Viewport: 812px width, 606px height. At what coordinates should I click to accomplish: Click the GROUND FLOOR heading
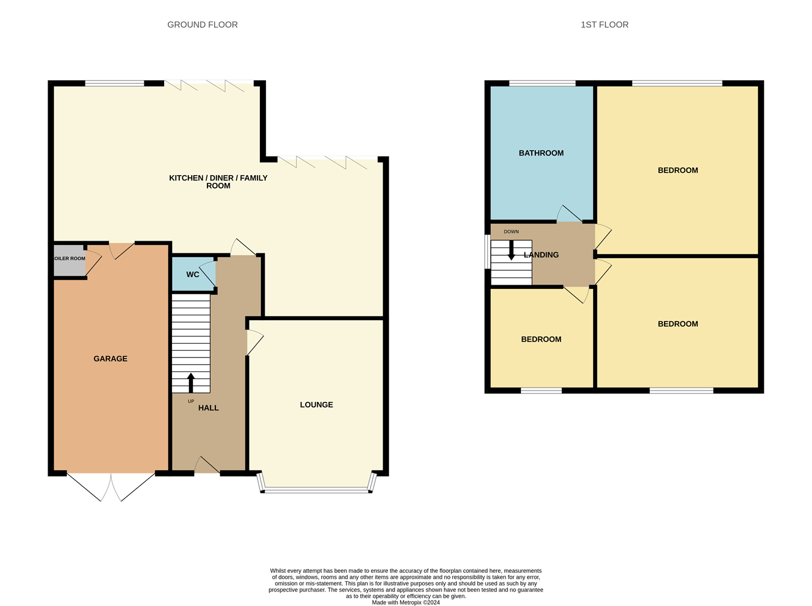point(202,25)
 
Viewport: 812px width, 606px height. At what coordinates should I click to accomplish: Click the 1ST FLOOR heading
point(604,25)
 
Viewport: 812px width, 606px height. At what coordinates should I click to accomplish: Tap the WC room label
point(192,274)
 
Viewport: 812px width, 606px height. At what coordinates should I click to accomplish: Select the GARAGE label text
point(110,359)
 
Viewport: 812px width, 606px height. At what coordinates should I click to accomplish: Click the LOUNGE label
point(316,404)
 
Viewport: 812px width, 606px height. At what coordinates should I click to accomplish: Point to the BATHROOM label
point(541,153)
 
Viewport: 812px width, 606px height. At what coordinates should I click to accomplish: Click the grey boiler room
point(69,260)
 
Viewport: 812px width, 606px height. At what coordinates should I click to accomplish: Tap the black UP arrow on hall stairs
point(191,383)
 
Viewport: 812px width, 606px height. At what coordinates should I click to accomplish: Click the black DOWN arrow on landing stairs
point(511,250)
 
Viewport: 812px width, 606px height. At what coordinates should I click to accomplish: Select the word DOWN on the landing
point(511,232)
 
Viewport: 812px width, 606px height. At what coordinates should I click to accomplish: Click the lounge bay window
point(317,490)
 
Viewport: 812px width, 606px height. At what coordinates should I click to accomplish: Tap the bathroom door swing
point(568,214)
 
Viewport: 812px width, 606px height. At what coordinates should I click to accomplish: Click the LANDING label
point(541,255)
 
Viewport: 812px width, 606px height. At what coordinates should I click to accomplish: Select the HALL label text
point(208,408)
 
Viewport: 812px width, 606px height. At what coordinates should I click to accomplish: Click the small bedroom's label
point(541,339)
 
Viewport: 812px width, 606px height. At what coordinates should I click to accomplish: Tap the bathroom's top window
point(542,84)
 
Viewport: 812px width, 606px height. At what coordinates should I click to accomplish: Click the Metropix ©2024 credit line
point(405,602)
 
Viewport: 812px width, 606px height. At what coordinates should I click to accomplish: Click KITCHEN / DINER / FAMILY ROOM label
point(218,181)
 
